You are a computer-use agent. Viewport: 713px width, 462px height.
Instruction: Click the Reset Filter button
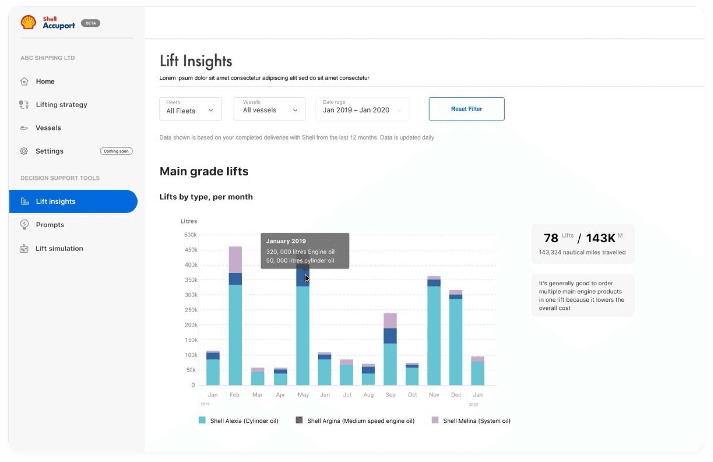click(x=466, y=109)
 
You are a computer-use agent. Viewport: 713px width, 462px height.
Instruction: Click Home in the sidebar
click(x=45, y=82)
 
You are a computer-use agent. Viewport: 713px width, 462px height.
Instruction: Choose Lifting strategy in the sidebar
click(x=61, y=105)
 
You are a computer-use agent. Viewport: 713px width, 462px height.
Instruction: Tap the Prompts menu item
click(x=50, y=225)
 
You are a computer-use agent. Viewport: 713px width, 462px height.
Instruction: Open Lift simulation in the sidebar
click(x=59, y=248)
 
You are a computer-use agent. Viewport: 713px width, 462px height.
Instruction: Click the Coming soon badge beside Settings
click(x=116, y=151)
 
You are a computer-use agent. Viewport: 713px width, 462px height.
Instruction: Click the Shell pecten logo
click(x=28, y=23)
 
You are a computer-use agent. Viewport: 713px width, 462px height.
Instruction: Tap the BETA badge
click(x=91, y=23)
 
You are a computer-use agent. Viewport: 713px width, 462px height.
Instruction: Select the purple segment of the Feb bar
click(x=235, y=259)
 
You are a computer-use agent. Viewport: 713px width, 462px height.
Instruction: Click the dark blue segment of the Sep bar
click(x=390, y=336)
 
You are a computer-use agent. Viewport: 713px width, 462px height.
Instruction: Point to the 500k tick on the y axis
click(x=190, y=235)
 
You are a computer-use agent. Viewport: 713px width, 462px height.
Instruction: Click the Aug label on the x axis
click(x=368, y=395)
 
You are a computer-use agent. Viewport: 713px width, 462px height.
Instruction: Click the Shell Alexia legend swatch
click(x=202, y=420)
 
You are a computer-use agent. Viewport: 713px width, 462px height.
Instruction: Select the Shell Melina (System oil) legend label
click(x=477, y=421)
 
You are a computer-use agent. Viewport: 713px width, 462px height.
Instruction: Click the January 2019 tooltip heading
click(x=286, y=241)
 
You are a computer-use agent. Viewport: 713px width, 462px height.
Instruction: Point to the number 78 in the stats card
click(x=551, y=238)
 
